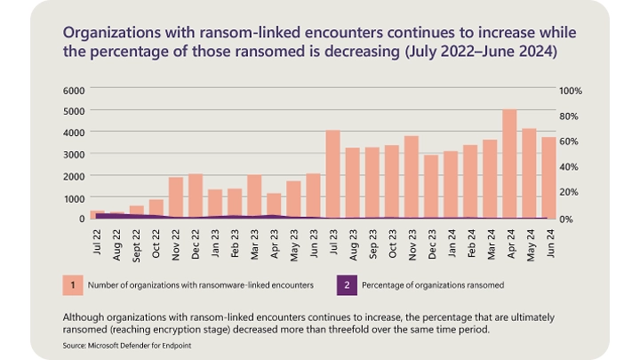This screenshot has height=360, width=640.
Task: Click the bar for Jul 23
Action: tap(333, 174)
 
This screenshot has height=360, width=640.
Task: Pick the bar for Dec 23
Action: tap(431, 187)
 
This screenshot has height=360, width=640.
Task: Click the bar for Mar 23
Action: tap(254, 196)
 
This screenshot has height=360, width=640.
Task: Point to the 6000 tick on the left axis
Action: tap(74, 91)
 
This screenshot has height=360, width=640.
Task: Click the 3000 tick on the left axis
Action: tap(74, 154)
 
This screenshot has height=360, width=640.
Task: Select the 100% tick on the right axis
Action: tap(570, 91)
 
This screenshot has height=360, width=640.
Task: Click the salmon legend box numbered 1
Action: tap(67, 284)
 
